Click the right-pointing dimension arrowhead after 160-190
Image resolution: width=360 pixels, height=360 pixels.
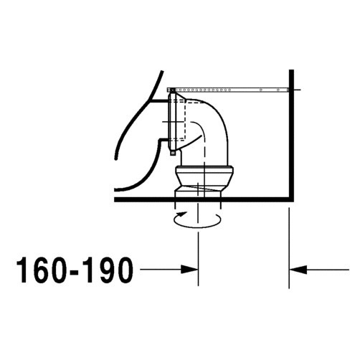[190, 270]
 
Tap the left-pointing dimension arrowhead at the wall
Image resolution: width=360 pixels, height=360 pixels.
[297, 270]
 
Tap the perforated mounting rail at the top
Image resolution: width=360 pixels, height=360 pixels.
[229, 89]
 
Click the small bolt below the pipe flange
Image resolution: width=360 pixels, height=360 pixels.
[172, 151]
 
